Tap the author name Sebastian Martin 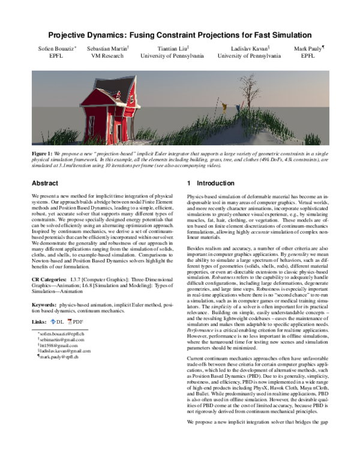(106, 48)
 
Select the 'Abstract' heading (44, 183)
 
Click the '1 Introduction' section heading (209, 183)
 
